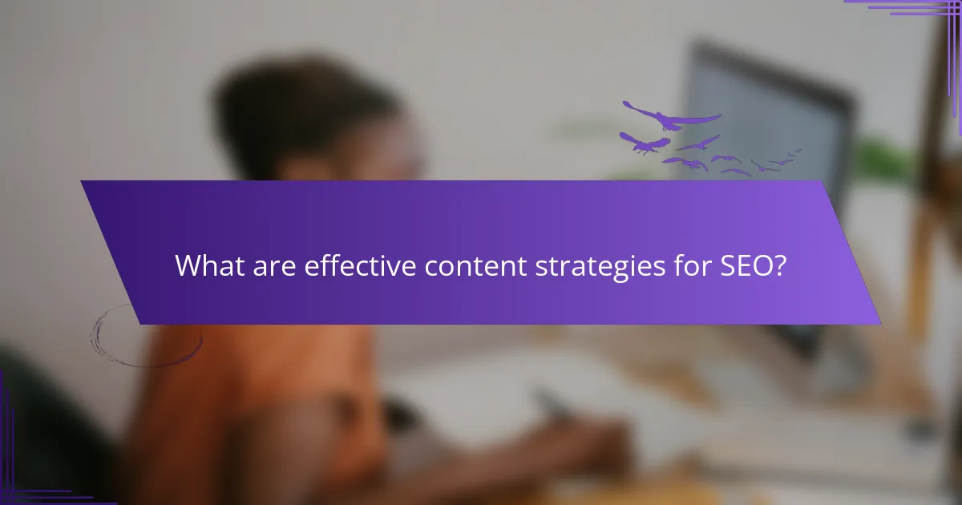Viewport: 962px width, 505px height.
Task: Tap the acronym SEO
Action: coord(745,266)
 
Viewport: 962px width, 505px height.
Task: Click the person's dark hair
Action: coord(305,112)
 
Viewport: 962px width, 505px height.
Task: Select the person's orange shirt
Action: coord(265,385)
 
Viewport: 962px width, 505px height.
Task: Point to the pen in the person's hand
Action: coord(553,401)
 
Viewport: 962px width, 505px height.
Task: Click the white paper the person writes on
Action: coord(481,385)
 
